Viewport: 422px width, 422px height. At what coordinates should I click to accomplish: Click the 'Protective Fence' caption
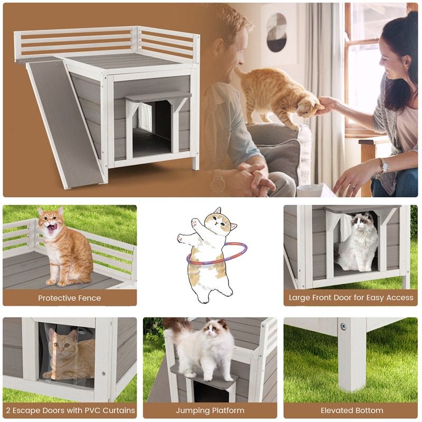(69, 298)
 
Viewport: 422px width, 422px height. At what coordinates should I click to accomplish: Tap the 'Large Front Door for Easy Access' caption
(351, 298)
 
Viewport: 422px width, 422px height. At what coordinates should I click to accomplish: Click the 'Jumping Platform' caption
(210, 410)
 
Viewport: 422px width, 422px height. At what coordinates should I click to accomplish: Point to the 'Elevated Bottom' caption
(351, 410)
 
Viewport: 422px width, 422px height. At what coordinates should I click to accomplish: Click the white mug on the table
(309, 190)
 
